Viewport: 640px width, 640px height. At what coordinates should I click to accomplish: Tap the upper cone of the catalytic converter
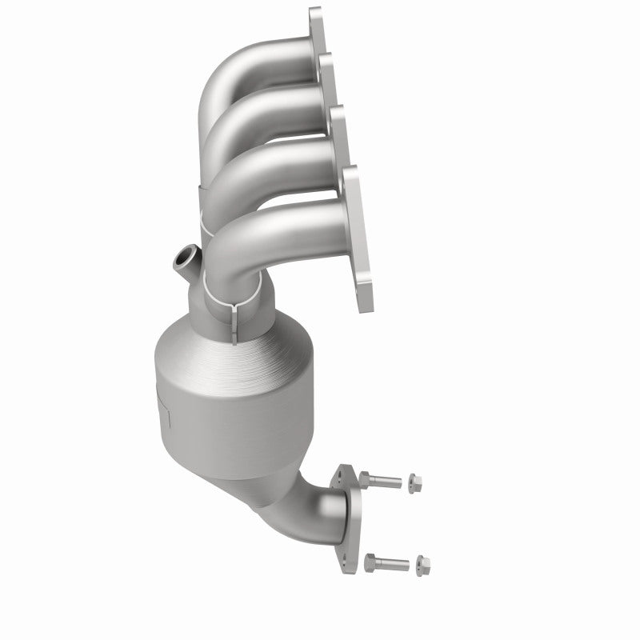pyautogui.click(x=240, y=336)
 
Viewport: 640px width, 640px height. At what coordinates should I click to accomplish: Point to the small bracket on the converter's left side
pyautogui.click(x=164, y=408)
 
